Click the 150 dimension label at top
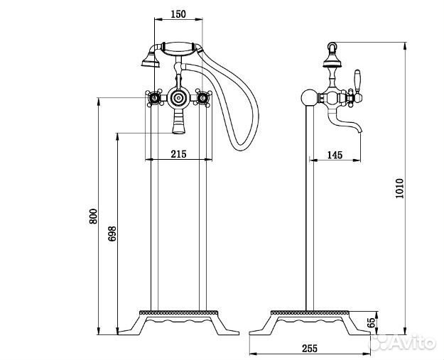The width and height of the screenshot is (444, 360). click(x=178, y=14)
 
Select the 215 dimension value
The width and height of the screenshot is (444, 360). click(x=179, y=154)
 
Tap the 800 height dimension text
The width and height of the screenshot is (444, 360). click(x=93, y=217)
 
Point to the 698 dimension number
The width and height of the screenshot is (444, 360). click(x=112, y=234)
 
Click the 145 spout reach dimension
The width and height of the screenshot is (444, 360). click(x=335, y=155)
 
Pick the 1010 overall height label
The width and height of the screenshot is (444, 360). click(x=399, y=188)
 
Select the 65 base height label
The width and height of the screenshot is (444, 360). click(x=372, y=322)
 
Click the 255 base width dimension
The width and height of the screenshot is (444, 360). click(x=310, y=349)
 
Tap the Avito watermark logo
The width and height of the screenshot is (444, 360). click(x=403, y=342)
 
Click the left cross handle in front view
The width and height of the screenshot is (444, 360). click(x=155, y=98)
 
